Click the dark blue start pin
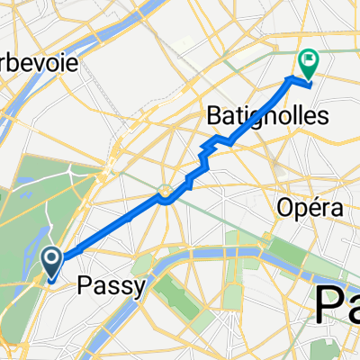[52, 263]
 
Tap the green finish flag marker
[309, 64]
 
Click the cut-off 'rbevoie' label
[42, 66]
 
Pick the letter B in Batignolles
[215, 115]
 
